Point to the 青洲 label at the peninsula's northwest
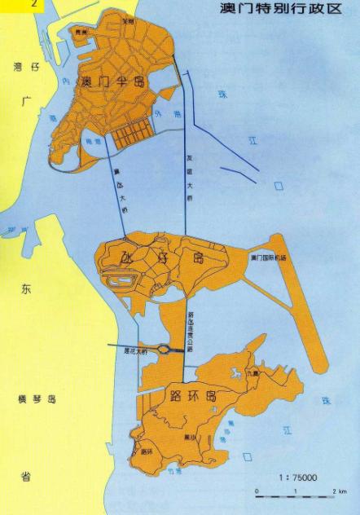tap(80, 33)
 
